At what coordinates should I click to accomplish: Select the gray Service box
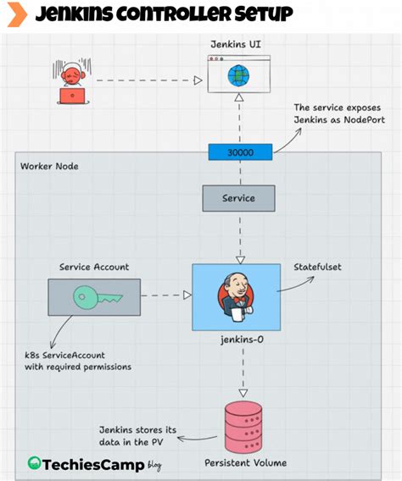pyautogui.click(x=238, y=198)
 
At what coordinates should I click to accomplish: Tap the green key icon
pyautogui.click(x=93, y=296)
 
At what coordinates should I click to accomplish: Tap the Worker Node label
pyautogui.click(x=49, y=166)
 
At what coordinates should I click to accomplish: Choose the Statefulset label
pyautogui.click(x=318, y=267)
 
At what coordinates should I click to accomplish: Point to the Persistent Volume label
pyautogui.click(x=245, y=463)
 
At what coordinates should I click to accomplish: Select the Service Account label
pyautogui.click(x=94, y=267)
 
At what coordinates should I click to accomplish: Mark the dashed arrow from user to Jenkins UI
pyautogui.click(x=144, y=80)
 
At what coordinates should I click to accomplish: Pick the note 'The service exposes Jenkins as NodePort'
pyautogui.click(x=336, y=114)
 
